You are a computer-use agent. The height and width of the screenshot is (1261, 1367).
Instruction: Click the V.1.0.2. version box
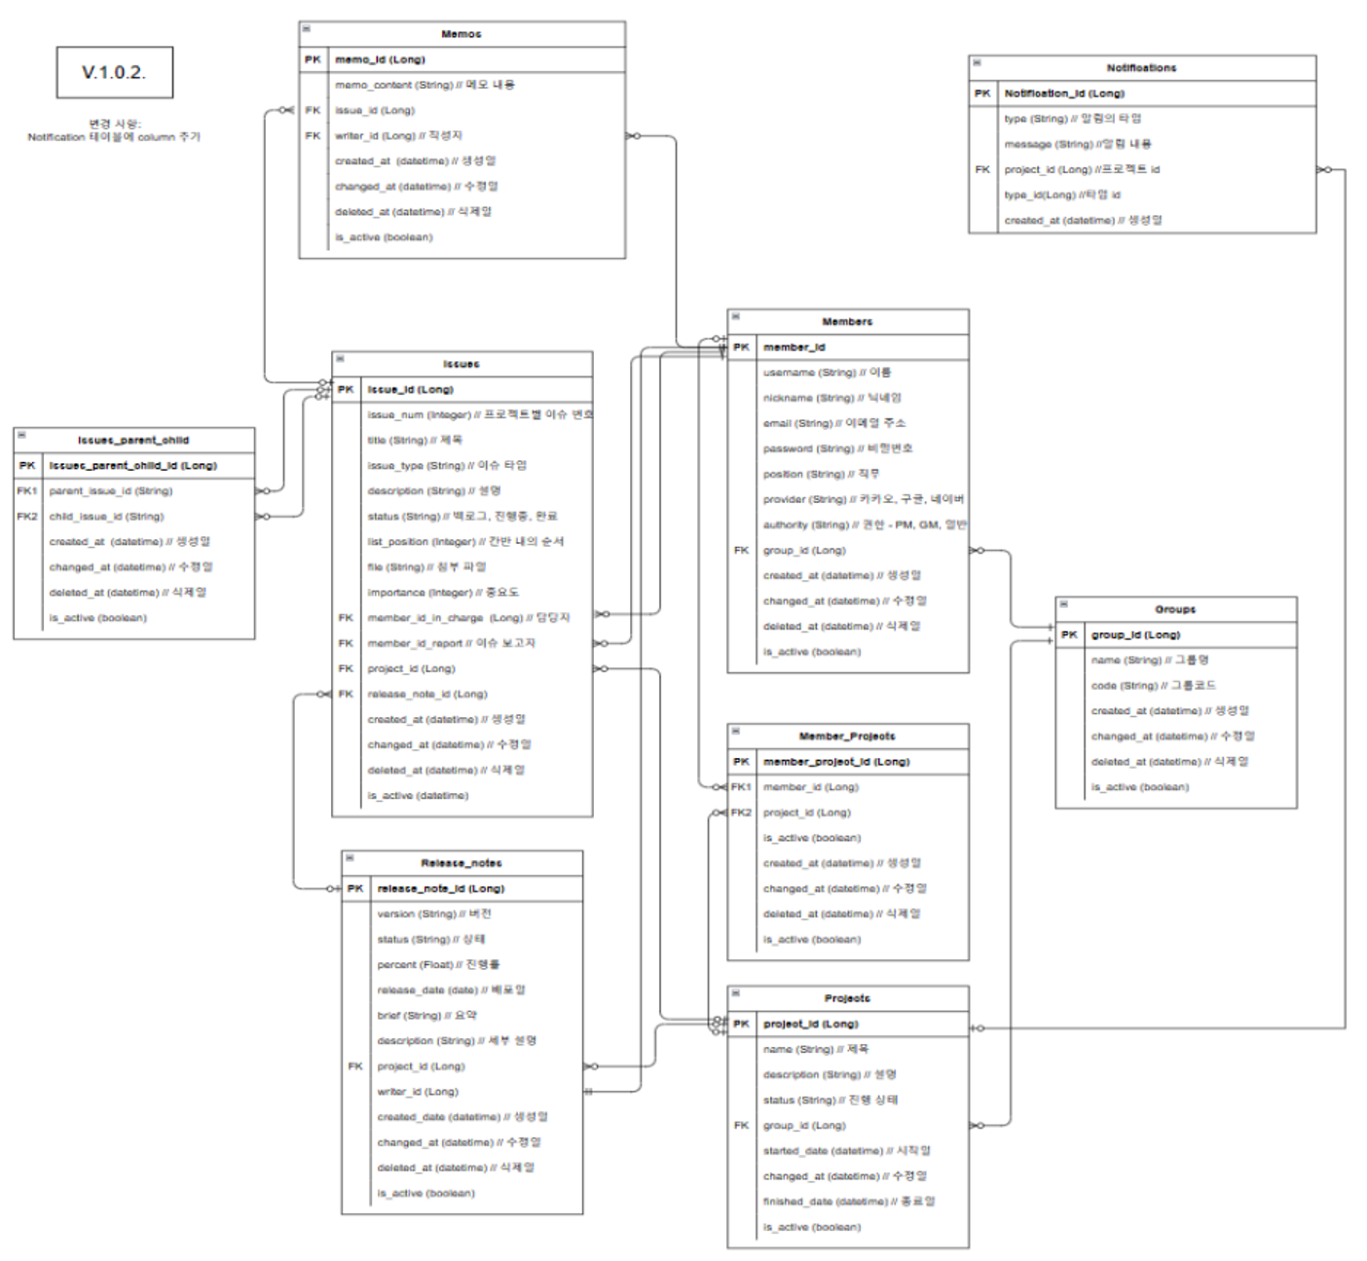click(115, 73)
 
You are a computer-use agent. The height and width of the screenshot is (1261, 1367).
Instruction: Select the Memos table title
click(461, 34)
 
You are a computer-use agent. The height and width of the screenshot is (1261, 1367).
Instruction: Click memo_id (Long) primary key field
click(380, 59)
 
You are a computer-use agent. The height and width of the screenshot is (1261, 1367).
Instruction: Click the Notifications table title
click(1141, 68)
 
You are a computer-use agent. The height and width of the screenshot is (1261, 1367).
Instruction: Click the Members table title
click(847, 322)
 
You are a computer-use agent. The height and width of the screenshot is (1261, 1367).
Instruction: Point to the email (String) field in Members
click(833, 423)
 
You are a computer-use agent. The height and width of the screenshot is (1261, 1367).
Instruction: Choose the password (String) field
click(837, 449)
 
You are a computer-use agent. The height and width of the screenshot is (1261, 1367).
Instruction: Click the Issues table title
click(461, 364)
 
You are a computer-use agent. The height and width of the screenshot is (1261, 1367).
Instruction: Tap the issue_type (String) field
click(446, 466)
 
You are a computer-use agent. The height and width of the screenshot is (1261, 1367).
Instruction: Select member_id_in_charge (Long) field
click(467, 618)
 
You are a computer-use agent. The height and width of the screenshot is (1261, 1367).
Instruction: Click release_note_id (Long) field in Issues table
click(426, 694)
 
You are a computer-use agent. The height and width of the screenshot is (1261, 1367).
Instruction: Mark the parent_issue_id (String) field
click(110, 491)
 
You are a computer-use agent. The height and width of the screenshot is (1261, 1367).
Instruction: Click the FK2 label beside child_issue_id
click(27, 517)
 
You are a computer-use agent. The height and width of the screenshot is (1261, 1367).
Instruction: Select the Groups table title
click(1175, 610)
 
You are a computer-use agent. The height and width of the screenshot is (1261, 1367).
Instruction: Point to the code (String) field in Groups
click(1153, 686)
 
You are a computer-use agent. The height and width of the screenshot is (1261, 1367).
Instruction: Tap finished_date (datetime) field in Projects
click(848, 1202)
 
